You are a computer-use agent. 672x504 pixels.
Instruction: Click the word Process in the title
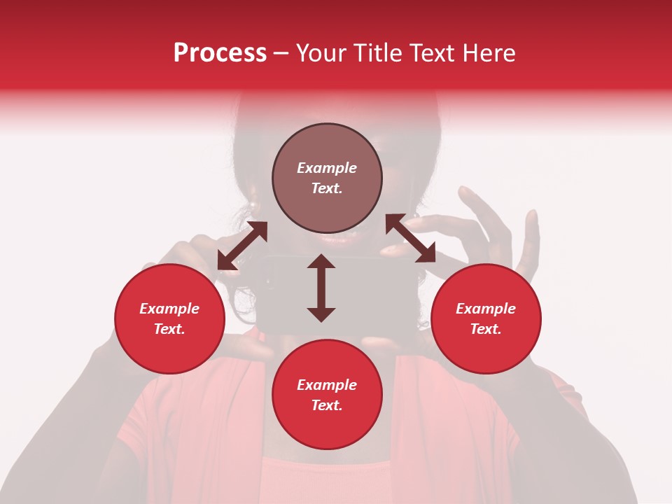pyautogui.click(x=220, y=53)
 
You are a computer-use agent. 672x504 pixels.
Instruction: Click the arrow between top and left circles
pyautogui.click(x=242, y=246)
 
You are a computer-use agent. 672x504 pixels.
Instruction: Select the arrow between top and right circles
pyautogui.click(x=410, y=239)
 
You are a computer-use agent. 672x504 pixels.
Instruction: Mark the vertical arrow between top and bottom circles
pyautogui.click(x=321, y=288)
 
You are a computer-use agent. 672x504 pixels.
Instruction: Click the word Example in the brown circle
pyautogui.click(x=327, y=168)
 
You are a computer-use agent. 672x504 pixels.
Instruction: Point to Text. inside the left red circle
pyautogui.click(x=169, y=329)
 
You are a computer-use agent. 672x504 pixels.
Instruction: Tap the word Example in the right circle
pyautogui.click(x=486, y=309)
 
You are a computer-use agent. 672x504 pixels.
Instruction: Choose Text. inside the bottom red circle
pyautogui.click(x=327, y=405)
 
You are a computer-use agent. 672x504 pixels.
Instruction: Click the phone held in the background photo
pyautogui.click(x=280, y=294)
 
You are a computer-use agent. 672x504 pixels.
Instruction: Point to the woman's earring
pyautogui.click(x=252, y=204)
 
